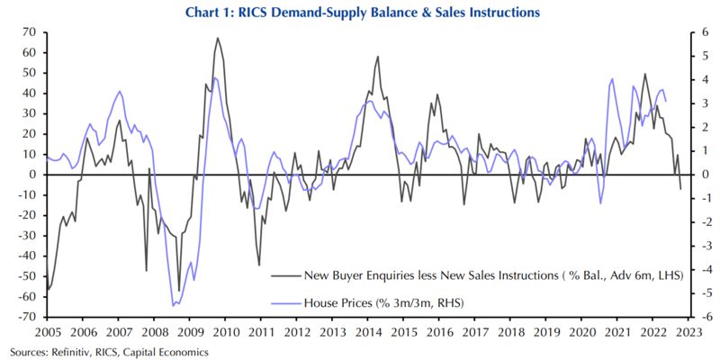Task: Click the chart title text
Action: click(x=360, y=13)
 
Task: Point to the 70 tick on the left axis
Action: click(x=28, y=32)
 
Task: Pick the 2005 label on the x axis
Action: click(x=47, y=332)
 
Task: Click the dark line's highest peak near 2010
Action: click(x=217, y=38)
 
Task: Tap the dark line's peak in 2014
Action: click(x=377, y=57)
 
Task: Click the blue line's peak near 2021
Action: click(x=612, y=78)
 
